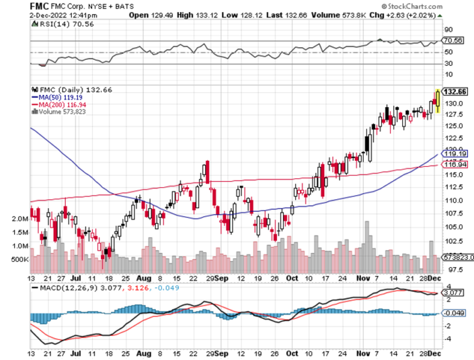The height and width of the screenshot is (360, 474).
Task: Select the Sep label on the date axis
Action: (x=221, y=277)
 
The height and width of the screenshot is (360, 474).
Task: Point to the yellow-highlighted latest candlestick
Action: (x=438, y=101)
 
